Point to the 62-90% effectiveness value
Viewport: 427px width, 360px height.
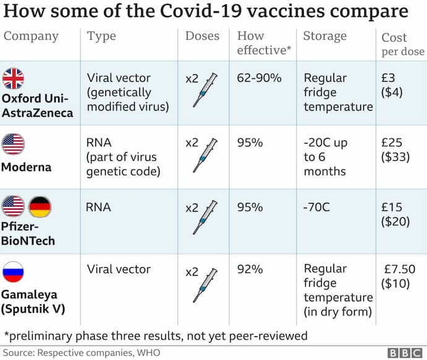coord(259,79)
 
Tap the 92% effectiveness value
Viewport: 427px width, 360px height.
coord(250,270)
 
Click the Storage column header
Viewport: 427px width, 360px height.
coord(324,36)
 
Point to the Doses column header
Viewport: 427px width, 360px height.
coord(202,36)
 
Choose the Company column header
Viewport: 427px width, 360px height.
coord(31,36)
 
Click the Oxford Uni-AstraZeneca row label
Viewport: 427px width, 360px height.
coord(37,105)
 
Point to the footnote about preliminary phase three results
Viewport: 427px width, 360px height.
coord(155,336)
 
